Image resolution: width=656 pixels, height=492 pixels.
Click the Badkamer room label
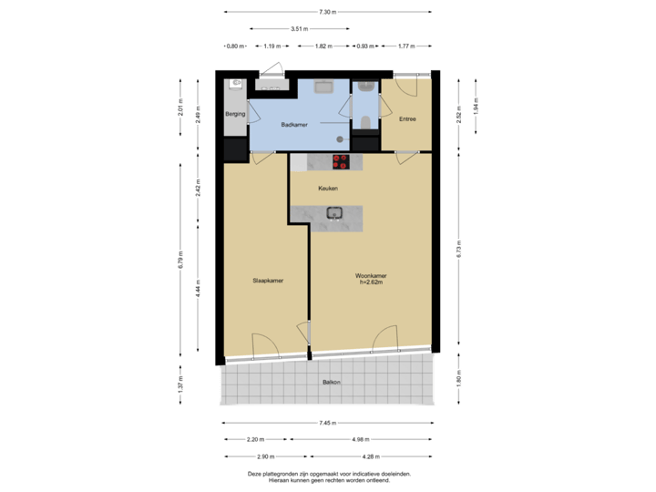click(x=292, y=125)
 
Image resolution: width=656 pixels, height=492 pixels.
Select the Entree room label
click(x=407, y=119)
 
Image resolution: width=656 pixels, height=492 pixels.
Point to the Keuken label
click(x=328, y=189)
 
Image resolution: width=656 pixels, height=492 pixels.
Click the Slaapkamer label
click(x=268, y=281)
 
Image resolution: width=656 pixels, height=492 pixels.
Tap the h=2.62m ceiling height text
click(x=372, y=282)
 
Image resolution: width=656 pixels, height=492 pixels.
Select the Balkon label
click(x=331, y=382)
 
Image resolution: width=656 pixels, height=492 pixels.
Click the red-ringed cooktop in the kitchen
click(x=341, y=162)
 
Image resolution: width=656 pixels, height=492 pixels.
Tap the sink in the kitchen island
click(x=334, y=215)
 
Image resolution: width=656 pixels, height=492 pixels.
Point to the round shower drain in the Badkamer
click(x=340, y=139)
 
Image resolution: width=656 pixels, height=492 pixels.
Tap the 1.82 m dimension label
click(x=322, y=46)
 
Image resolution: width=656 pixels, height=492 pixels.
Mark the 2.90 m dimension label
click(x=264, y=456)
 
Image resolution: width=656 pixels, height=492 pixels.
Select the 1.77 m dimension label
click(x=406, y=46)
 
